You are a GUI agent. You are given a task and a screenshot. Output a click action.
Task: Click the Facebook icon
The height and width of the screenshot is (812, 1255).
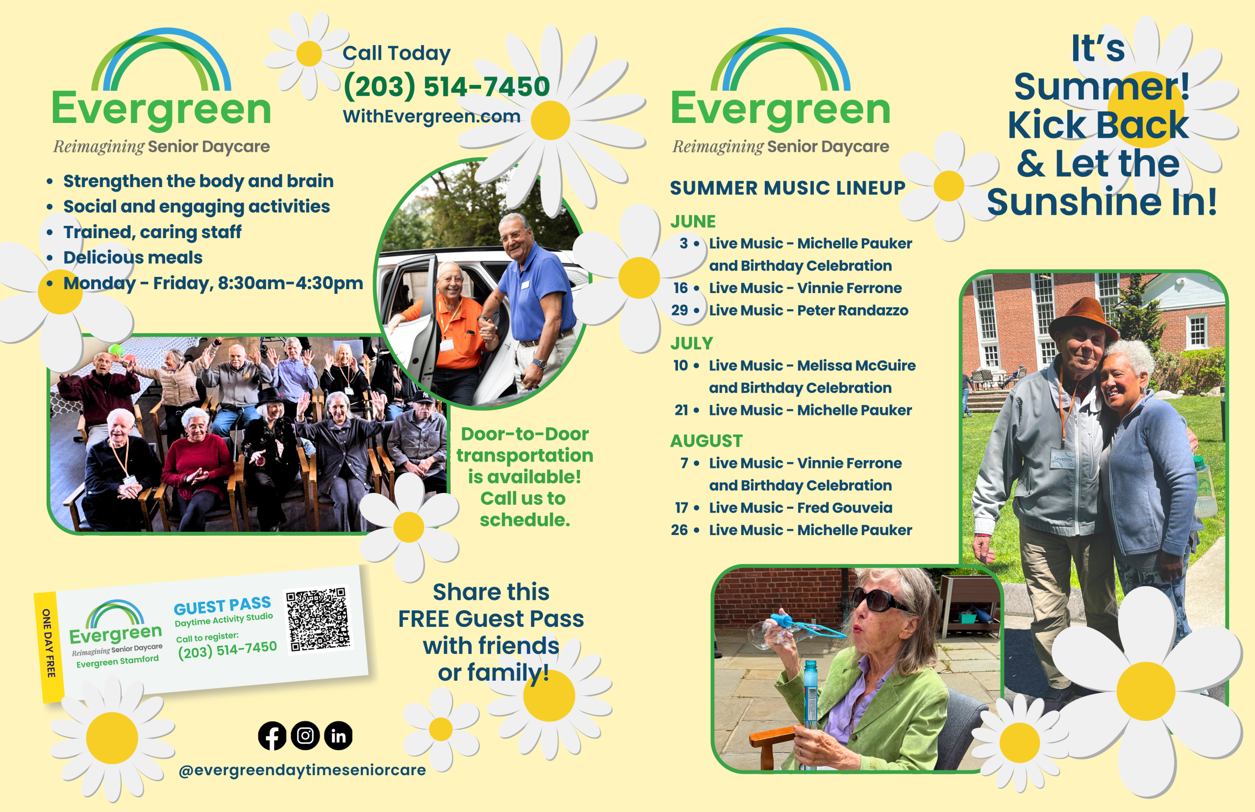272,736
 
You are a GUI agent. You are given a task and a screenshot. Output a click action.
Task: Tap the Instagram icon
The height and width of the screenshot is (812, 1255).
305,736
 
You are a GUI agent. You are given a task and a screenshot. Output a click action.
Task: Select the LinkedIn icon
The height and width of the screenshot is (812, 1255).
338,736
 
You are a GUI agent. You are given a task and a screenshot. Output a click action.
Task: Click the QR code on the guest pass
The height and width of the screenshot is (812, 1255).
318,619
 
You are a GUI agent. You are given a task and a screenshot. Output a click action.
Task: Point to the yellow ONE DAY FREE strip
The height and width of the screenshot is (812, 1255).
49,647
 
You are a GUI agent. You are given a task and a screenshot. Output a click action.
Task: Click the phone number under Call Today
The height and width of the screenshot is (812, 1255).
447,86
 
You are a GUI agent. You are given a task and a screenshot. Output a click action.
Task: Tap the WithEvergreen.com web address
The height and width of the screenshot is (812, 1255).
431,116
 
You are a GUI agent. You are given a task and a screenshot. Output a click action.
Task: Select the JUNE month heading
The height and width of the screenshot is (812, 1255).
693,221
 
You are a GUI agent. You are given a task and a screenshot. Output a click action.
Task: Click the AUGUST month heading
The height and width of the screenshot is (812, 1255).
706,441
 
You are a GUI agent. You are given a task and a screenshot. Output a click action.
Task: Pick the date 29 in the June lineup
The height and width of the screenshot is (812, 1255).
679,310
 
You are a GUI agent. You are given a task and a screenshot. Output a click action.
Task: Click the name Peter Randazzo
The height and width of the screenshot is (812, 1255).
853,310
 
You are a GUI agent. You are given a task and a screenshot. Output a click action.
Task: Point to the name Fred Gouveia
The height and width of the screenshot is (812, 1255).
845,508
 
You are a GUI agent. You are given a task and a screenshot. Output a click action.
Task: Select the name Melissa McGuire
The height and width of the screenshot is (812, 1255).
856,366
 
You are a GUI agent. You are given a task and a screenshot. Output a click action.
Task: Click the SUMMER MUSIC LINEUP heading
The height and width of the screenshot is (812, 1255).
788,188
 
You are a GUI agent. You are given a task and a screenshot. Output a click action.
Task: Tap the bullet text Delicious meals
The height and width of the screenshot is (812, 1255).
133,257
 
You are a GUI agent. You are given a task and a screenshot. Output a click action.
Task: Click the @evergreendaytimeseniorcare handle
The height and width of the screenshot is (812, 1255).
302,770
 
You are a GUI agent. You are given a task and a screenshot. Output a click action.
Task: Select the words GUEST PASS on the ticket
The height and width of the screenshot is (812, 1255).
223,606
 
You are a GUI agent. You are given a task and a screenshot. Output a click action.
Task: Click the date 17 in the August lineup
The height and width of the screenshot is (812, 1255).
681,508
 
